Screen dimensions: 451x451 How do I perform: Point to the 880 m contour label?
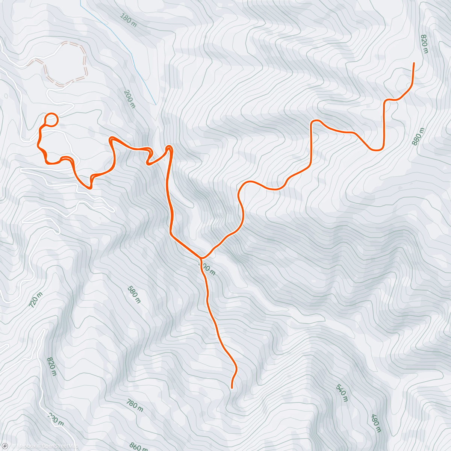click(x=418, y=137)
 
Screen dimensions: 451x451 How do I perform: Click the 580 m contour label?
click(x=134, y=295)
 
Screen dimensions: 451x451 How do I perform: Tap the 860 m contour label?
click(x=138, y=446)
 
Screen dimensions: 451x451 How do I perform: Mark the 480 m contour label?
click(x=376, y=423)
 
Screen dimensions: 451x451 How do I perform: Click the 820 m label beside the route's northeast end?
click(x=424, y=44)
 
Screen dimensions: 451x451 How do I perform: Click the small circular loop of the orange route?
click(x=51, y=120)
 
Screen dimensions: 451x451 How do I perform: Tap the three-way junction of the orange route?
click(x=201, y=258)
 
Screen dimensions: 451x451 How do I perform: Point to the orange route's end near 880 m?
click(x=414, y=63)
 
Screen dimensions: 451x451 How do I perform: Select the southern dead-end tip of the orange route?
click(x=232, y=387)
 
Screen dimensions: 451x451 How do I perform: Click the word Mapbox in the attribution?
click(x=26, y=446)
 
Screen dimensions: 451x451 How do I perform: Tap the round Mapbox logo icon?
click(x=5, y=446)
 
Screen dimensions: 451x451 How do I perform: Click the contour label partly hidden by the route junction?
click(x=207, y=268)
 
